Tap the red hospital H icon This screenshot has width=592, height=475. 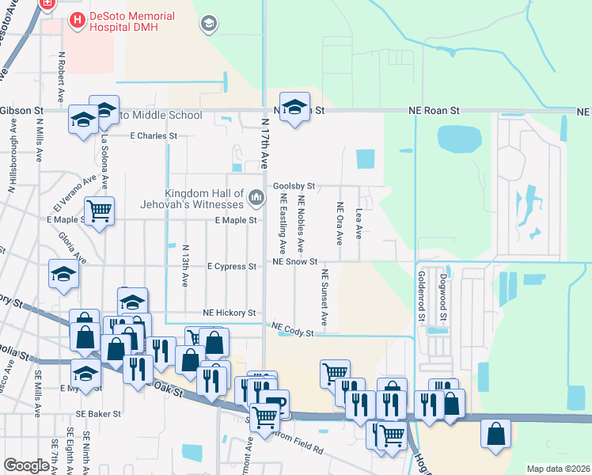(x=78, y=20)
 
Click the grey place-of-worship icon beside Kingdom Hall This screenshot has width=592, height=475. (x=256, y=196)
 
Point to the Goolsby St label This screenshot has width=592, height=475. (x=294, y=187)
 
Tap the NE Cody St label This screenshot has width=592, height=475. (x=294, y=328)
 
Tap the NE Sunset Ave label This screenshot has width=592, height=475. (x=324, y=297)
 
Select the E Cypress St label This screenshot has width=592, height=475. (x=231, y=267)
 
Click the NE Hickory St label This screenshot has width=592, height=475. (x=230, y=313)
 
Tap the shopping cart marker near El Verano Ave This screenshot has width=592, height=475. (x=99, y=211)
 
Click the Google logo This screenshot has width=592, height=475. (x=26, y=465)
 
